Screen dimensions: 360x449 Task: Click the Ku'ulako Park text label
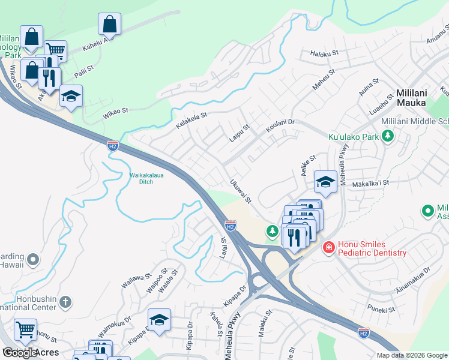[x=353, y=137]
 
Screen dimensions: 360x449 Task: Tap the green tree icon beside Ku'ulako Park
[x=388, y=137]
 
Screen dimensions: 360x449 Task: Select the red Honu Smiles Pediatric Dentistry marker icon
[x=328, y=247]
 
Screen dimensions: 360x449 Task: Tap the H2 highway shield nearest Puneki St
[x=363, y=332]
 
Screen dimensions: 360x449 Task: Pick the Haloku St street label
[x=324, y=53]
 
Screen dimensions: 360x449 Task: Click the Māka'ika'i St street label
[x=372, y=182]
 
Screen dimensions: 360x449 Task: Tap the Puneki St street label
[x=382, y=310]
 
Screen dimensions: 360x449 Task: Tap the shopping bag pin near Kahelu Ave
[x=110, y=25]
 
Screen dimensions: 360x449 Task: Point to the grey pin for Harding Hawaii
[x=34, y=260]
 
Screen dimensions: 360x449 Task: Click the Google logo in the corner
[x=20, y=353]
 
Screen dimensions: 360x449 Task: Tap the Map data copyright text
[x=411, y=355]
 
